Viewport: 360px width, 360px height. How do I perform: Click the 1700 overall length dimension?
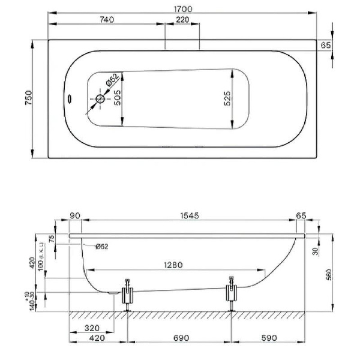[x=183, y=8]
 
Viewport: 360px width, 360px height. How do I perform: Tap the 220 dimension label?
[x=183, y=19]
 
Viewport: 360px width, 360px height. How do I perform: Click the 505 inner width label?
[x=118, y=98]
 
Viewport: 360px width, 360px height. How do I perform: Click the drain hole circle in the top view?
[x=100, y=98]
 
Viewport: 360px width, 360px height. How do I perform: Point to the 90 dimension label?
[x=76, y=215]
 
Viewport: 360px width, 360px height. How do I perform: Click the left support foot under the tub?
[x=128, y=295]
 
